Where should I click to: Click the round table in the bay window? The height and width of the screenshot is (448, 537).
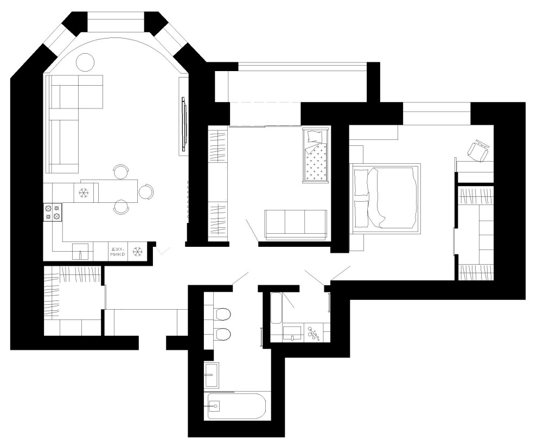pyautogui.click(x=85, y=62)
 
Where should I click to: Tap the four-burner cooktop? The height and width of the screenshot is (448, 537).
pyautogui.click(x=53, y=212)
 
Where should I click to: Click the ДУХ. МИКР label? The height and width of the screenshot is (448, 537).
pyautogui.click(x=118, y=252)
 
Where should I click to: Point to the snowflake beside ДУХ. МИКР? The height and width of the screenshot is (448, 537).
pyautogui.click(x=137, y=252)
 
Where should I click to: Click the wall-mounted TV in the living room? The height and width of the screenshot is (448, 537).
pyautogui.click(x=184, y=123)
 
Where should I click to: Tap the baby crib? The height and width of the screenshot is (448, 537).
pyautogui.click(x=315, y=154)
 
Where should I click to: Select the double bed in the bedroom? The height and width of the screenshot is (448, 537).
pyautogui.click(x=385, y=199)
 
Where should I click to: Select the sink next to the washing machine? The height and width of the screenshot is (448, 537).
pyautogui.click(x=292, y=333)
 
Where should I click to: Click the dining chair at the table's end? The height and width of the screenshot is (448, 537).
pyautogui.click(x=146, y=192)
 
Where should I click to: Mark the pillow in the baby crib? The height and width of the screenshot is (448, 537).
pyautogui.click(x=315, y=137)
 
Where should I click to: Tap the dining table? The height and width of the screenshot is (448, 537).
pyautogui.click(x=109, y=191)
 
